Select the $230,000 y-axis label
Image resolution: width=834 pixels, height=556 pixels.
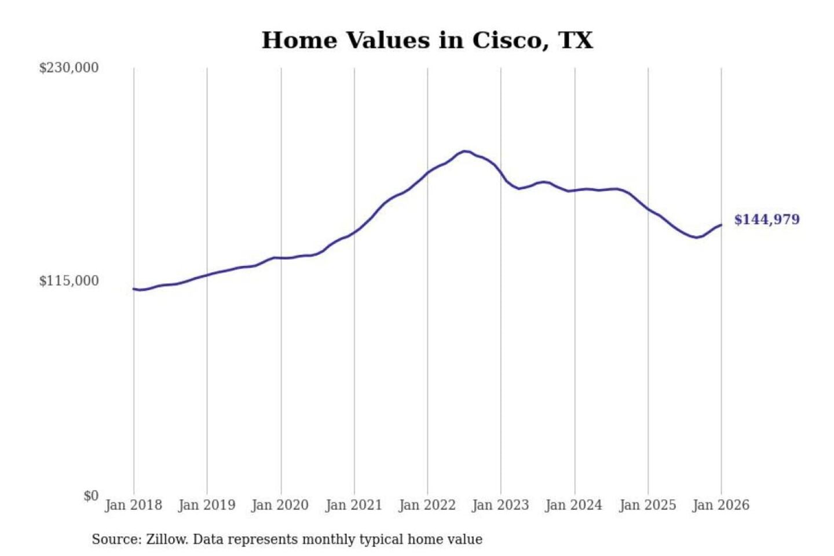[x=69, y=68]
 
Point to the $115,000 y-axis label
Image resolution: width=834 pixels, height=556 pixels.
[x=69, y=281]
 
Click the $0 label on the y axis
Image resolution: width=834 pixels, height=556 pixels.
[x=91, y=496]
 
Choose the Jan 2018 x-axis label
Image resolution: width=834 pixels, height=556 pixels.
[x=133, y=505]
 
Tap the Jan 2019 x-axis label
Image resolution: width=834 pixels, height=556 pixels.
[x=207, y=505]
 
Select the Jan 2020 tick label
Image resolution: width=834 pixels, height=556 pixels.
[x=280, y=505]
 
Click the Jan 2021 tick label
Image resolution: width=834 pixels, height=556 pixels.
[x=354, y=505]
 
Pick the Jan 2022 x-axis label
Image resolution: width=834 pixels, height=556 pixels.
[x=427, y=505]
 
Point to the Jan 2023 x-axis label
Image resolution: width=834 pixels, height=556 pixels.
[x=500, y=505]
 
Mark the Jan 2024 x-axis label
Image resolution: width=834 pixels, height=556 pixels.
[x=574, y=505]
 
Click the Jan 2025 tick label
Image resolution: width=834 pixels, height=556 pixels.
[x=648, y=505]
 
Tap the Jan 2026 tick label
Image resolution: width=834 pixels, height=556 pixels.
[x=721, y=505]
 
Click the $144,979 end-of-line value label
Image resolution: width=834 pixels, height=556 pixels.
[x=767, y=220]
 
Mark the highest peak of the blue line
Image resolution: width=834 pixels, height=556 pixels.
[x=464, y=151]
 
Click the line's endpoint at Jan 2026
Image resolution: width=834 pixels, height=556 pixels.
[x=721, y=225]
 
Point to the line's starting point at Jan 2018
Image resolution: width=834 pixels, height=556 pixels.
[x=134, y=288]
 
